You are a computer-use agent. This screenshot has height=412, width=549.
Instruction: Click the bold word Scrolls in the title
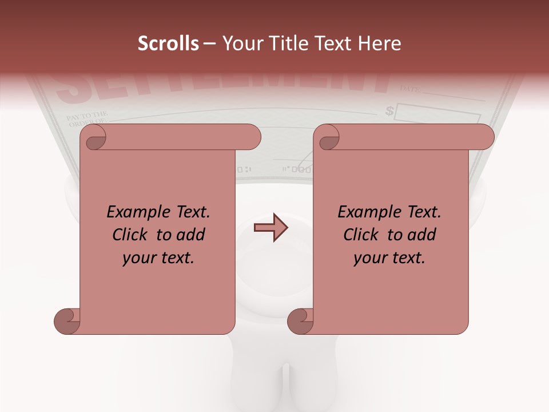pyautogui.click(x=168, y=43)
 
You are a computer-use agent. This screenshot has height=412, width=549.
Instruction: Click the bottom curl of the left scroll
pyautogui.click(x=67, y=320)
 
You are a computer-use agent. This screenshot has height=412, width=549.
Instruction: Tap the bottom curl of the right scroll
pyautogui.click(x=301, y=320)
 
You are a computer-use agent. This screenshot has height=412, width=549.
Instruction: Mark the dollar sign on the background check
pyautogui.click(x=390, y=110)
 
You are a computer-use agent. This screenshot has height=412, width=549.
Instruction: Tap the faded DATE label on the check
pyautogui.click(x=410, y=89)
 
